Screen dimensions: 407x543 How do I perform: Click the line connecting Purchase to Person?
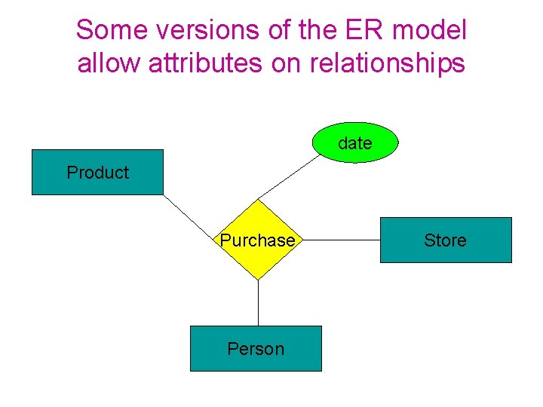[258, 303]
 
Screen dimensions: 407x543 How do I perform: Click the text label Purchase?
[257, 240]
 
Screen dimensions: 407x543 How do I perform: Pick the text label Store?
[445, 240]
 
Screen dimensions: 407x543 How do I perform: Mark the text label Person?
[256, 349]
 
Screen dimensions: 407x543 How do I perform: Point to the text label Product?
[97, 173]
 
